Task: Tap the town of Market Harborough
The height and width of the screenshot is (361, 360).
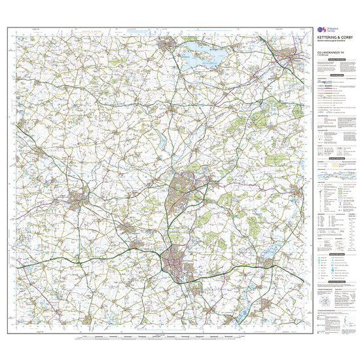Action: (79, 197)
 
